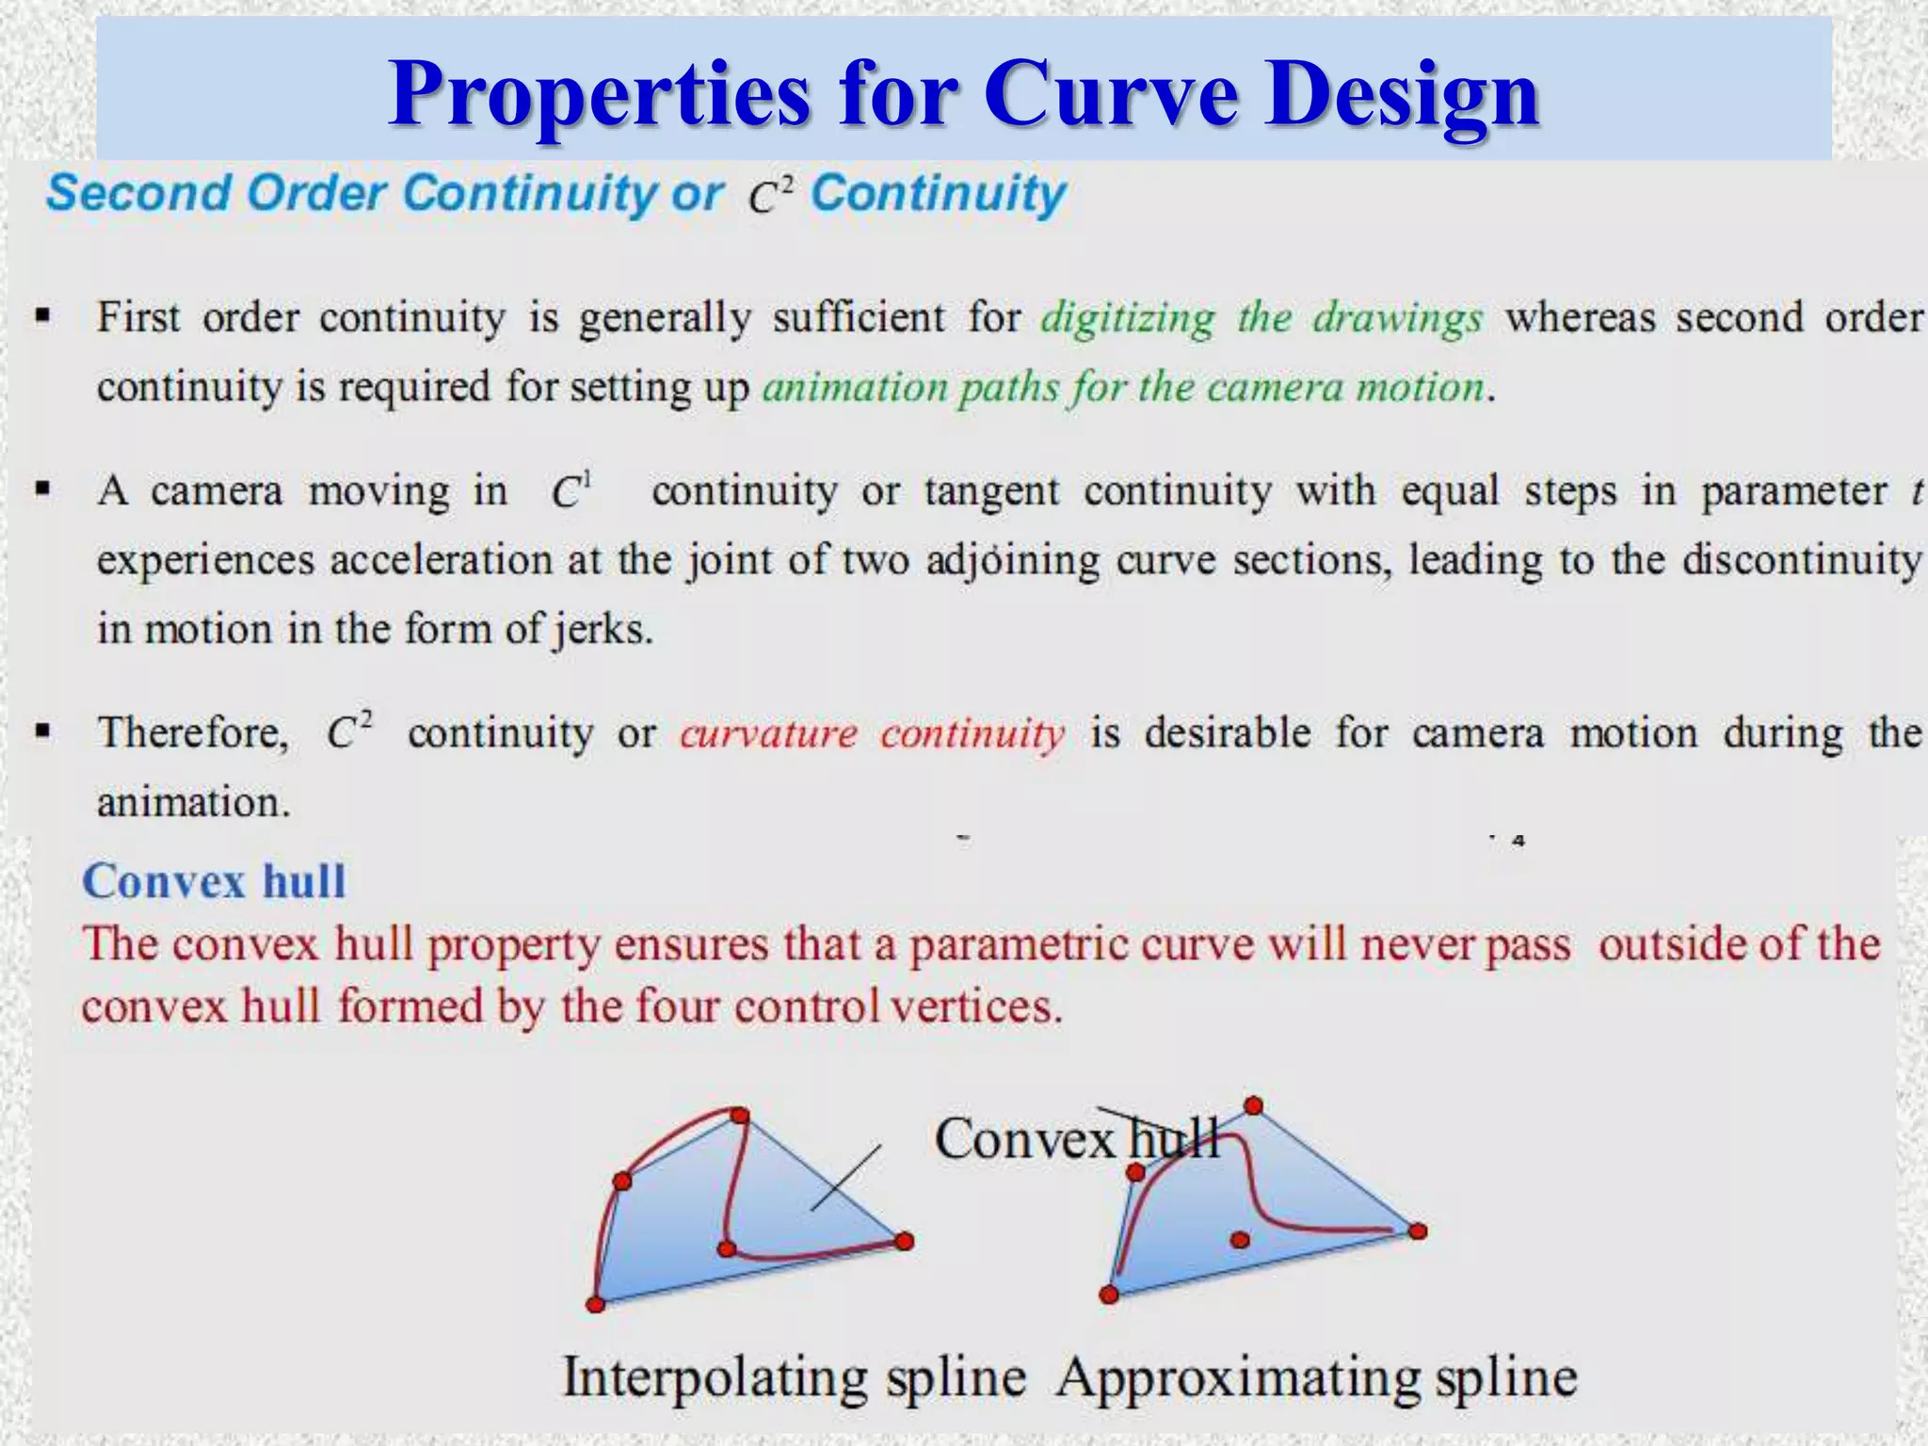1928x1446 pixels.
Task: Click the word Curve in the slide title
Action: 1110,94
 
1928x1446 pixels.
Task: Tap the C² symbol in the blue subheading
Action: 771,196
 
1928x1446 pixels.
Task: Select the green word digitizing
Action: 1128,318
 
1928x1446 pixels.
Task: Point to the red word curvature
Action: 768,733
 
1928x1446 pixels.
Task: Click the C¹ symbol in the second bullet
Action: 570,490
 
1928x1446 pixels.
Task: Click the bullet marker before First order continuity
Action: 42,316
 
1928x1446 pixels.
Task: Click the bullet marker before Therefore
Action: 42,731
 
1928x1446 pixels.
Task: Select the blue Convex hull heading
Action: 214,882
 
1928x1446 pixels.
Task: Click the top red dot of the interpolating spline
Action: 739,1116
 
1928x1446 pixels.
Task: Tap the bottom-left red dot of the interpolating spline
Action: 595,1304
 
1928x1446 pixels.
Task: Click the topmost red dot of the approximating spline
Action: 1253,1105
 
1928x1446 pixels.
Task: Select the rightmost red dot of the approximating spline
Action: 1418,1230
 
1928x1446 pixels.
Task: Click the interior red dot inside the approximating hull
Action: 1240,1240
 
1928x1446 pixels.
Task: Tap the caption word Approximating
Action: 1235,1378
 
